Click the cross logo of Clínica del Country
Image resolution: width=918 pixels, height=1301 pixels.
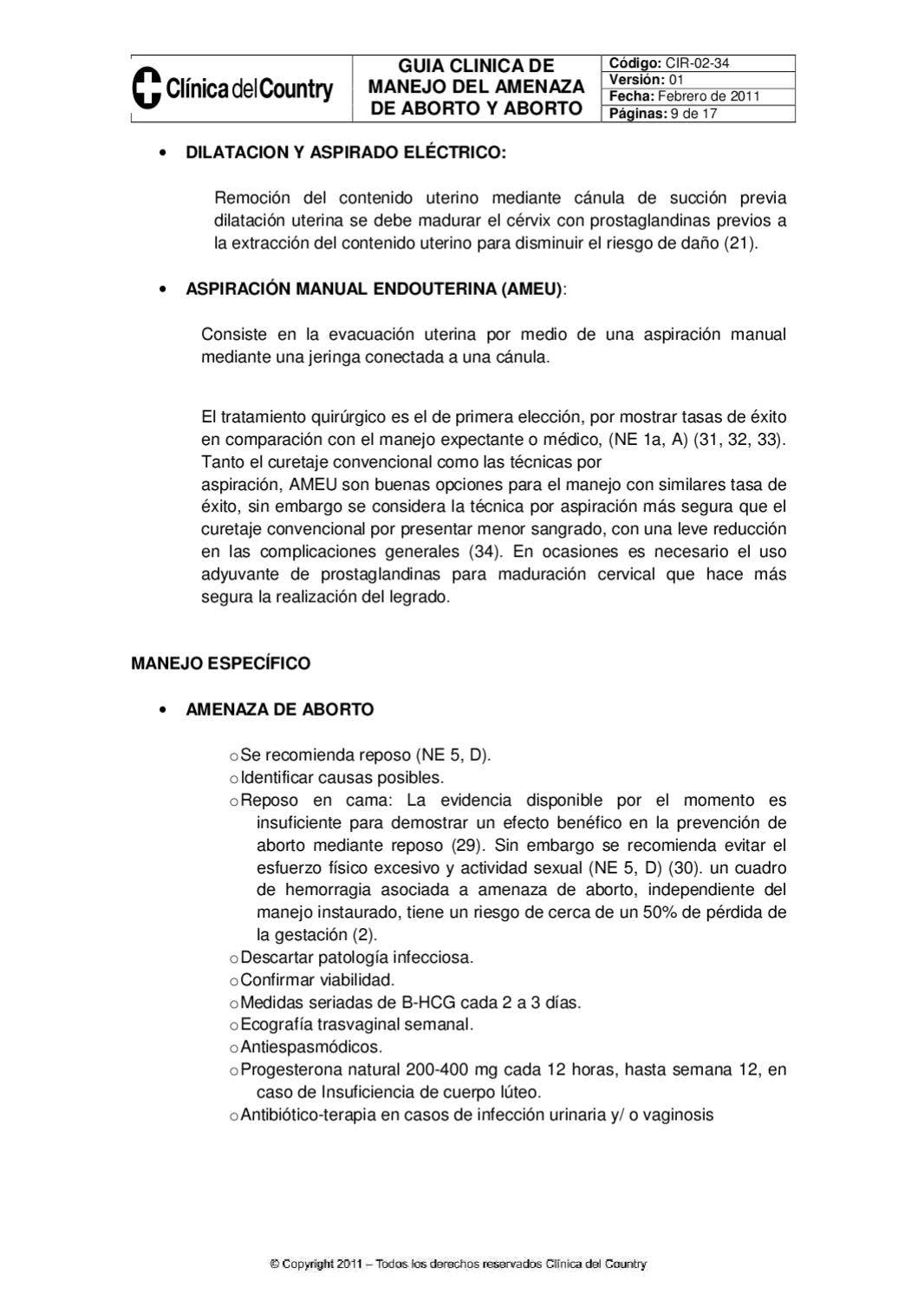(146, 88)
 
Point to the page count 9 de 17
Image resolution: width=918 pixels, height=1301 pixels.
(694, 114)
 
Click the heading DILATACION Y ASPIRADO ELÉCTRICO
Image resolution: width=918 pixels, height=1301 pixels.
(345, 153)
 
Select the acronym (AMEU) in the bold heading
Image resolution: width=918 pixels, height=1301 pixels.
(531, 290)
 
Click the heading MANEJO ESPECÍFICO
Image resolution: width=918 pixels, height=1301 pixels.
(220, 664)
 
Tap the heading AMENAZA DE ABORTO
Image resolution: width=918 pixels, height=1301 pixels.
(279, 709)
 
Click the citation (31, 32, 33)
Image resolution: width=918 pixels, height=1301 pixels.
(740, 439)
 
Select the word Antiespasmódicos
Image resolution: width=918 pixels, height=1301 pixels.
(311, 1047)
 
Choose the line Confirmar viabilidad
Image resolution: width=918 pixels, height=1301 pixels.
(317, 980)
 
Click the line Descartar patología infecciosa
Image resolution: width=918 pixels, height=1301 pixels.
(356, 958)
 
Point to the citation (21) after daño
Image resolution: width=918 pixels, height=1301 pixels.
(740, 244)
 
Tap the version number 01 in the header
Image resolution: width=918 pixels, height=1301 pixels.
(675, 80)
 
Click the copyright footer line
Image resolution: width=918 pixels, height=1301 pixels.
(458, 1265)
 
